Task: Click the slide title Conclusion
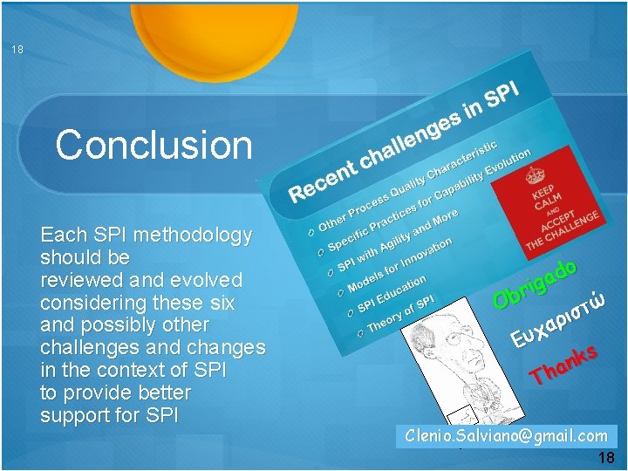[154, 145]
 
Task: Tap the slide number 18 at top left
[17, 50]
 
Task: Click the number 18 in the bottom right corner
[606, 459]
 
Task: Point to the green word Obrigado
[535, 283]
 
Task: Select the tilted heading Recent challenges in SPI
[405, 140]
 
